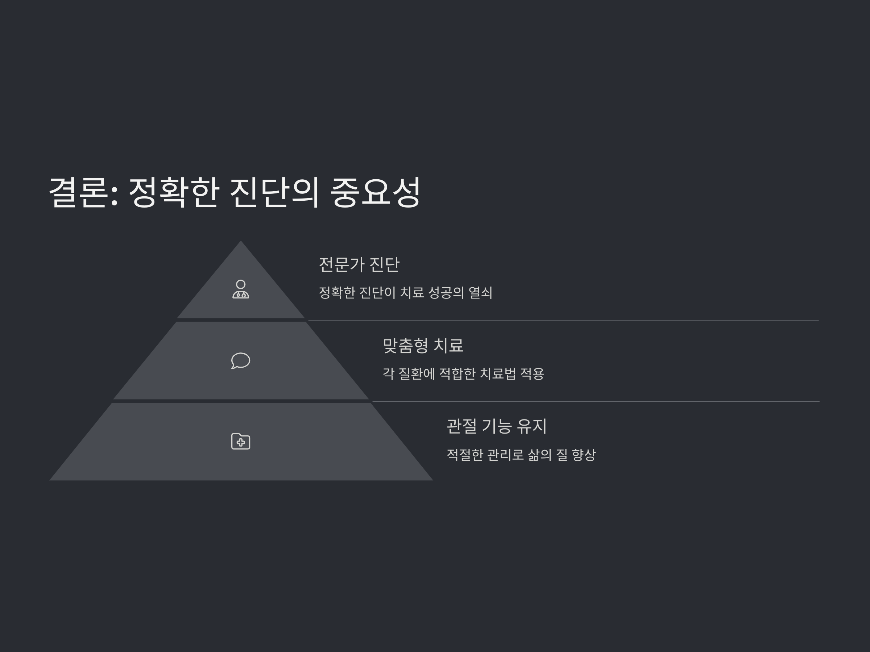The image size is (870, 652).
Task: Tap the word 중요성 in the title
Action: point(376,192)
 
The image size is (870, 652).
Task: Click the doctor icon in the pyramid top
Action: point(241,289)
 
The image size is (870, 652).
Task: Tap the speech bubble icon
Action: point(241,361)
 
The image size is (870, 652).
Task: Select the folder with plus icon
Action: point(241,441)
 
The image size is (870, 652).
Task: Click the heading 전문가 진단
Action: point(359,264)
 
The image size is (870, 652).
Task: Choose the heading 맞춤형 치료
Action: point(423,346)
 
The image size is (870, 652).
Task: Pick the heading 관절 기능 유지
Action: point(496,426)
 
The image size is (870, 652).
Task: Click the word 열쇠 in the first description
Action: point(481,292)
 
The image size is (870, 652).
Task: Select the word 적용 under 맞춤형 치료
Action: point(532,373)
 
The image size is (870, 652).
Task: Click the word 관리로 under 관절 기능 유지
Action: point(506,455)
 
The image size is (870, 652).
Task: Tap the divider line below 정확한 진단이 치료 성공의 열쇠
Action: point(563,320)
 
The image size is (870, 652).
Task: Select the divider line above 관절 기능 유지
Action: point(594,401)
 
